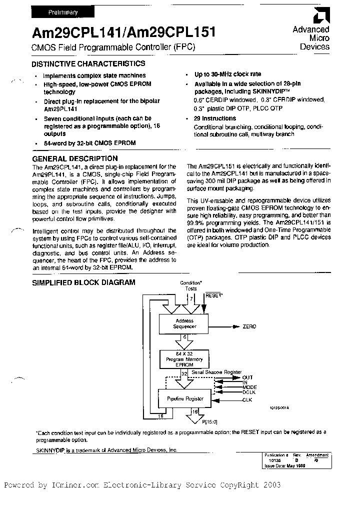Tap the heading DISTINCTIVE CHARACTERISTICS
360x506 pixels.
pos(88,64)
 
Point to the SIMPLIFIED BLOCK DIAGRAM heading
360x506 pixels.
pos(83,282)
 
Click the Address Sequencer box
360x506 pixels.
pos(184,323)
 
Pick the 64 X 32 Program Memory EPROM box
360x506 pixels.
pos(184,359)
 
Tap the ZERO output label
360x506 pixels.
pos(249,326)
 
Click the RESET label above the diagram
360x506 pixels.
pos(214,296)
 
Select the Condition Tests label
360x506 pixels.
pos(191,286)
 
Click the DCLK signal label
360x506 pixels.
pos(249,393)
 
